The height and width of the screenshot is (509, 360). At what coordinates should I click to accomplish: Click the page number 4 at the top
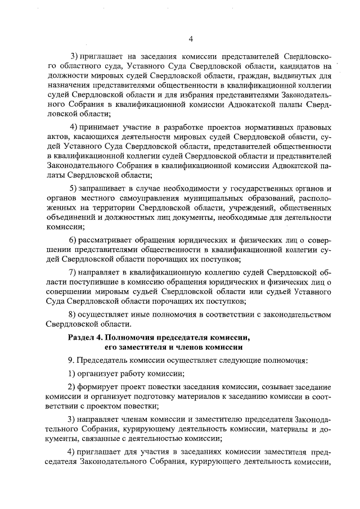pos(191,38)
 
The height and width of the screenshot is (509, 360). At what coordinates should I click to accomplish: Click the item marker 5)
pos(72,187)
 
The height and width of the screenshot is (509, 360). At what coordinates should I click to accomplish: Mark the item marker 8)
pos(72,314)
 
